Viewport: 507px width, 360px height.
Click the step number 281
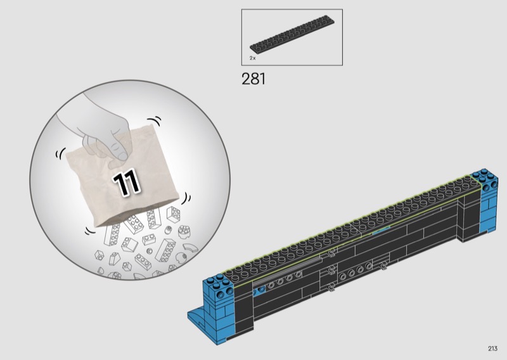pyautogui.click(x=253, y=79)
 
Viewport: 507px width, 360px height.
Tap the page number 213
pyautogui.click(x=493, y=349)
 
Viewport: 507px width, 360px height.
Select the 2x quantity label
pyautogui.click(x=252, y=58)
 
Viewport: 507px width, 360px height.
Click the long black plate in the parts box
pyautogui.click(x=292, y=34)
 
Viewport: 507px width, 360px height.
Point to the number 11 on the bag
pyautogui.click(x=126, y=183)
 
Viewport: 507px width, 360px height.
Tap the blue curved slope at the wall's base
pyautogui.click(x=196, y=318)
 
